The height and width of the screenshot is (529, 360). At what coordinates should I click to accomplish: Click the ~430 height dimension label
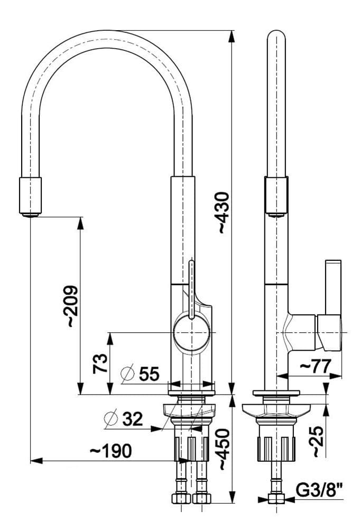223,212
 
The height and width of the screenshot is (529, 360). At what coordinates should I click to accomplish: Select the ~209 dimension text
71,307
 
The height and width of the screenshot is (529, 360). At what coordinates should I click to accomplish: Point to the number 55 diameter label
149,375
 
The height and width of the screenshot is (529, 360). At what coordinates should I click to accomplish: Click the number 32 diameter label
133,419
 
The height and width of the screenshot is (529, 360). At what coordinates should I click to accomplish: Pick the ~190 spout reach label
110,451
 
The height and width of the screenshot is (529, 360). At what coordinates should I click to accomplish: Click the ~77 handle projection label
315,366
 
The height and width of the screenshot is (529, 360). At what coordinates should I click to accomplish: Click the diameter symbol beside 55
127,374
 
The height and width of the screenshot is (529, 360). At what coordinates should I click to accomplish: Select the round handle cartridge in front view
191,333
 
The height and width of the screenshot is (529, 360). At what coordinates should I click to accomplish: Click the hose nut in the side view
275,500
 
